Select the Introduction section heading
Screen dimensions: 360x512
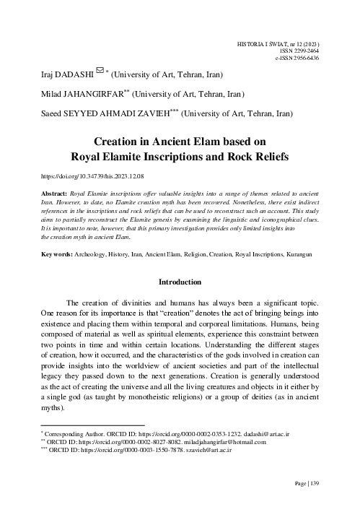click(180, 282)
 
